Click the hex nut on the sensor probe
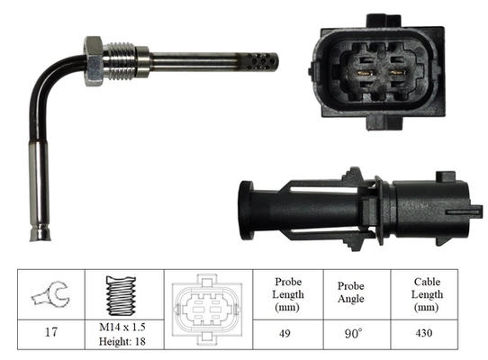click(95, 60)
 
